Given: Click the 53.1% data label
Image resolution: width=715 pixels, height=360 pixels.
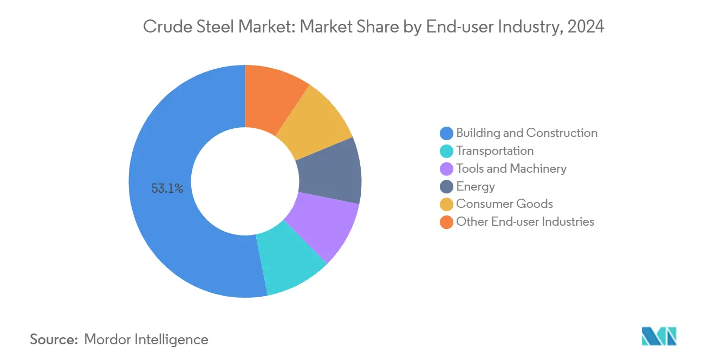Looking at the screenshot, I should click(x=167, y=189).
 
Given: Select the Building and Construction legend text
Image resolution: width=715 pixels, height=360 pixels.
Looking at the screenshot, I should click(x=526, y=133).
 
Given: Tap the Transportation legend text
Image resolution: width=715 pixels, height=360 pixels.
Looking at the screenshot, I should click(x=495, y=151).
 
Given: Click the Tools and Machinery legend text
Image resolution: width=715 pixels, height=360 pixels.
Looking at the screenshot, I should click(x=511, y=169).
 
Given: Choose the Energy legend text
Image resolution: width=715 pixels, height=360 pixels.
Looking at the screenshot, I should click(x=476, y=187).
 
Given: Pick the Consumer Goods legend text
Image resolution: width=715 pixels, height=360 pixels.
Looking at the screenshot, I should click(x=504, y=204).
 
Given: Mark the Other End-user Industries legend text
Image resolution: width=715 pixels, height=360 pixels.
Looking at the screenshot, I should click(x=525, y=222).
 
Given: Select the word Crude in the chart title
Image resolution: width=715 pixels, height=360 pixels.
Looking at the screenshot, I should click(x=163, y=27).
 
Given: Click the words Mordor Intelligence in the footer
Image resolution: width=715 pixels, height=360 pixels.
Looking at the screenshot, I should click(x=146, y=339).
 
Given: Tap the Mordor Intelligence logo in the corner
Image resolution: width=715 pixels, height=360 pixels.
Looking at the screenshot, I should click(x=659, y=336).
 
